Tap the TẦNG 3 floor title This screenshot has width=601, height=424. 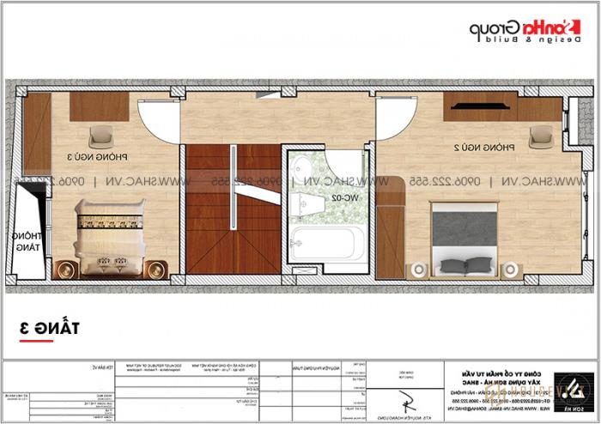click(x=45, y=327)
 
